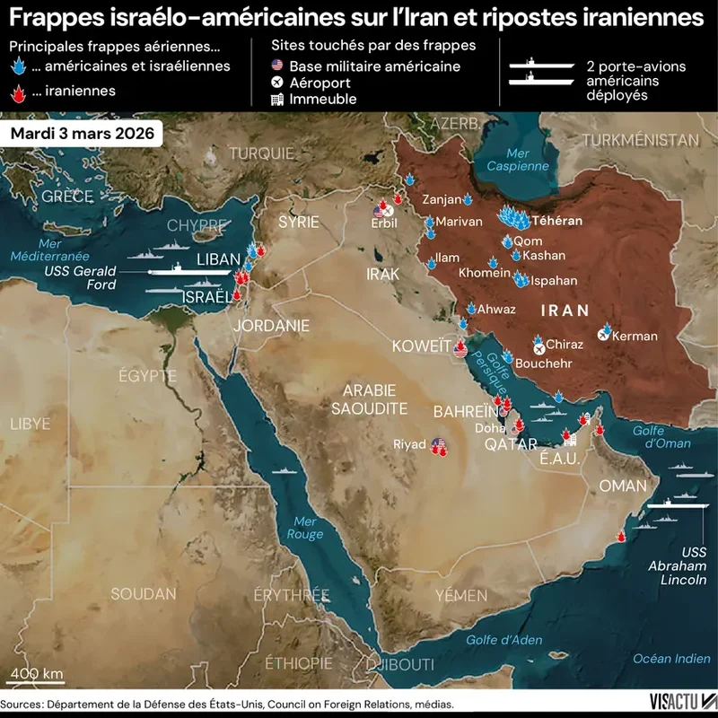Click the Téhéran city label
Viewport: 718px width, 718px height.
[x=556, y=221]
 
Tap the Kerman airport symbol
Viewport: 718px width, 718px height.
[x=603, y=336]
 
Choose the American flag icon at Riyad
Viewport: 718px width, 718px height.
[x=438, y=443]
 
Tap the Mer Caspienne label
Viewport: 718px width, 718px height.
[x=515, y=160]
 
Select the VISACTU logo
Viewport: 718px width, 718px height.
[x=682, y=700]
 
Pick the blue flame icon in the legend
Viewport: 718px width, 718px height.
[x=18, y=66]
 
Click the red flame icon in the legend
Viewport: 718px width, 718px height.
[x=18, y=91]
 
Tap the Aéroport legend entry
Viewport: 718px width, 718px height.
[x=320, y=83]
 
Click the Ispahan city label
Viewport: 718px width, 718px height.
[x=554, y=281]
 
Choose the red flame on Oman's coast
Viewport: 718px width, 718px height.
[x=619, y=537]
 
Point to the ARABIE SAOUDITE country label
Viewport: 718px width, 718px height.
[x=370, y=399]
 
